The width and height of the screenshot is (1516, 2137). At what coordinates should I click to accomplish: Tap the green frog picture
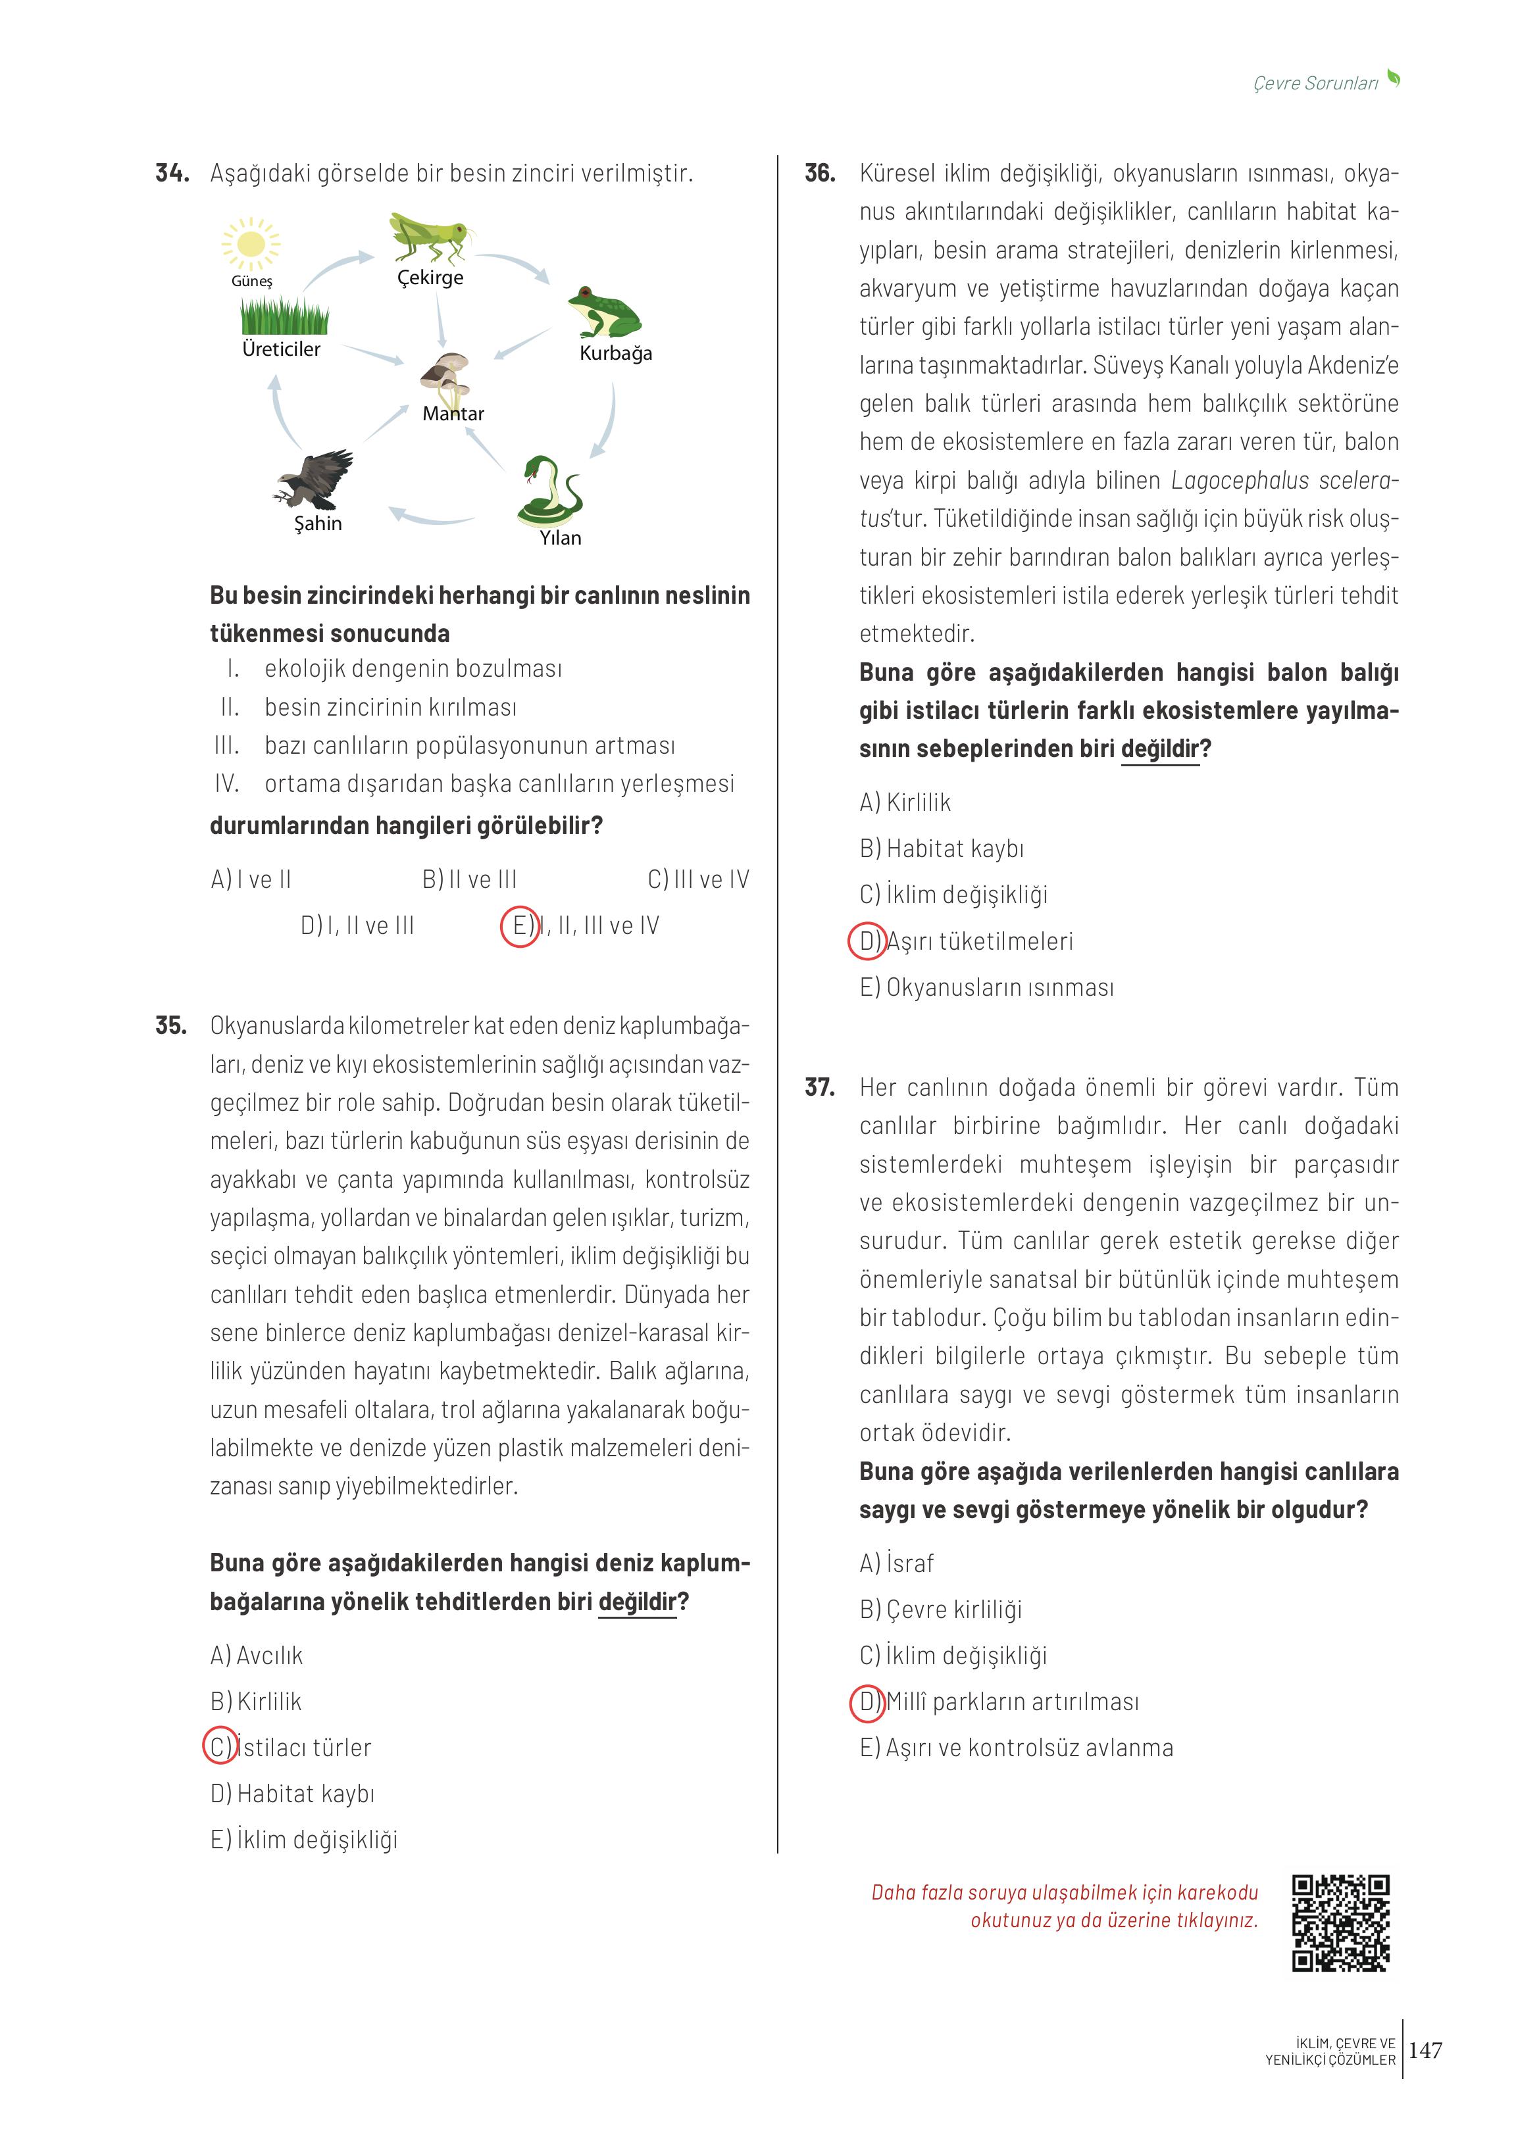604,312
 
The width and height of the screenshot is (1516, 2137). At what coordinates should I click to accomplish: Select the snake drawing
551,491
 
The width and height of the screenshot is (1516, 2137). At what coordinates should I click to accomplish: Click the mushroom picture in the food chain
446,377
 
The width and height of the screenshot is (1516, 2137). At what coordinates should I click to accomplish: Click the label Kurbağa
616,353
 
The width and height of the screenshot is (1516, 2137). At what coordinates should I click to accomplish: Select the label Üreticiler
281,349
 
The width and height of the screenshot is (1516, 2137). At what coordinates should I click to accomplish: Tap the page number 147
1425,2050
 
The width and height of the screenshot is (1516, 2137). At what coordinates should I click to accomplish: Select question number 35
171,1025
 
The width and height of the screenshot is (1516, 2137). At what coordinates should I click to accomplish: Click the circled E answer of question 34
520,925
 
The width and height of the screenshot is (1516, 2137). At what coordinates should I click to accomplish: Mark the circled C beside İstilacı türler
221,1745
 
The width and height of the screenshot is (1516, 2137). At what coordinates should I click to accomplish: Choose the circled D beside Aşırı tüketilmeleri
867,941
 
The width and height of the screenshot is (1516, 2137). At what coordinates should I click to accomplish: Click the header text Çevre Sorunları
1315,83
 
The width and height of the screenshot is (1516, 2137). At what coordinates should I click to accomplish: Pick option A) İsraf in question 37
896,1562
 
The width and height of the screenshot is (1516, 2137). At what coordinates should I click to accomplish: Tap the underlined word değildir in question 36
1159,749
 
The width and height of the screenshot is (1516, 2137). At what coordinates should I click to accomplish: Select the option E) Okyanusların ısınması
987,987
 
